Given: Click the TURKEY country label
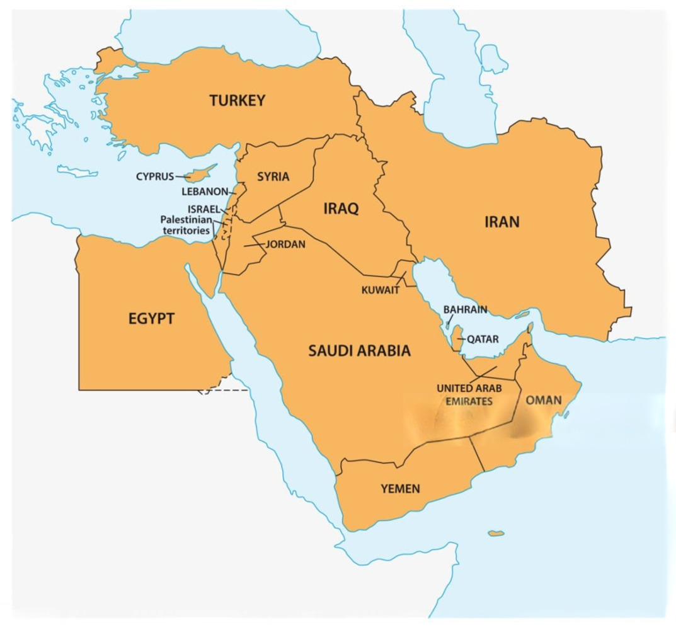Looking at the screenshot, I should coord(238,101).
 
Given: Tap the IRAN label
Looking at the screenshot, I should coord(501,222).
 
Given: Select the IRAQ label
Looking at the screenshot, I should coord(341,209).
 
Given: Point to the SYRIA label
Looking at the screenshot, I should coord(273,177).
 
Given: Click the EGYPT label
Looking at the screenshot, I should coord(151,319).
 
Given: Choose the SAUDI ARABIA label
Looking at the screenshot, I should coord(359,351).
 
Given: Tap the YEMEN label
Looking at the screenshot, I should coord(400,488).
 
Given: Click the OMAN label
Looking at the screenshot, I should coord(543,400).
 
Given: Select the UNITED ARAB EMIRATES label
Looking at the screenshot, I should coord(469,394).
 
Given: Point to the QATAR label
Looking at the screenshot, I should coord(483,340).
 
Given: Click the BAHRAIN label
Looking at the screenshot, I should coord(465,310).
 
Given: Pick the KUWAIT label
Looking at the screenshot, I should coord(380,290).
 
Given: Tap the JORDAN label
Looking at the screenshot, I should coord(285,244).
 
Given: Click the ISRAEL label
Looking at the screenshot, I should coord(203,209).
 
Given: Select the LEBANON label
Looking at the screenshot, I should coord(205,191).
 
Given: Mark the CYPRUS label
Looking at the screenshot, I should coord(155,176).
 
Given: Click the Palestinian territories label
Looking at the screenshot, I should coord(185,225).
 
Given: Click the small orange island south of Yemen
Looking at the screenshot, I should coord(496,534).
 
